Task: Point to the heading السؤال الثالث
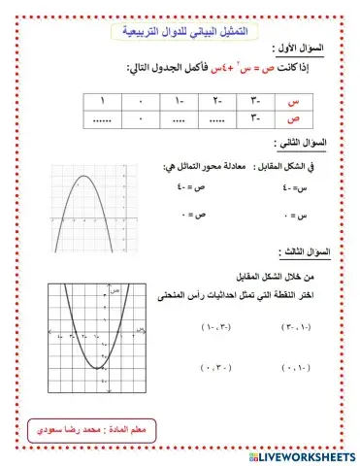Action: point(306,252)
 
